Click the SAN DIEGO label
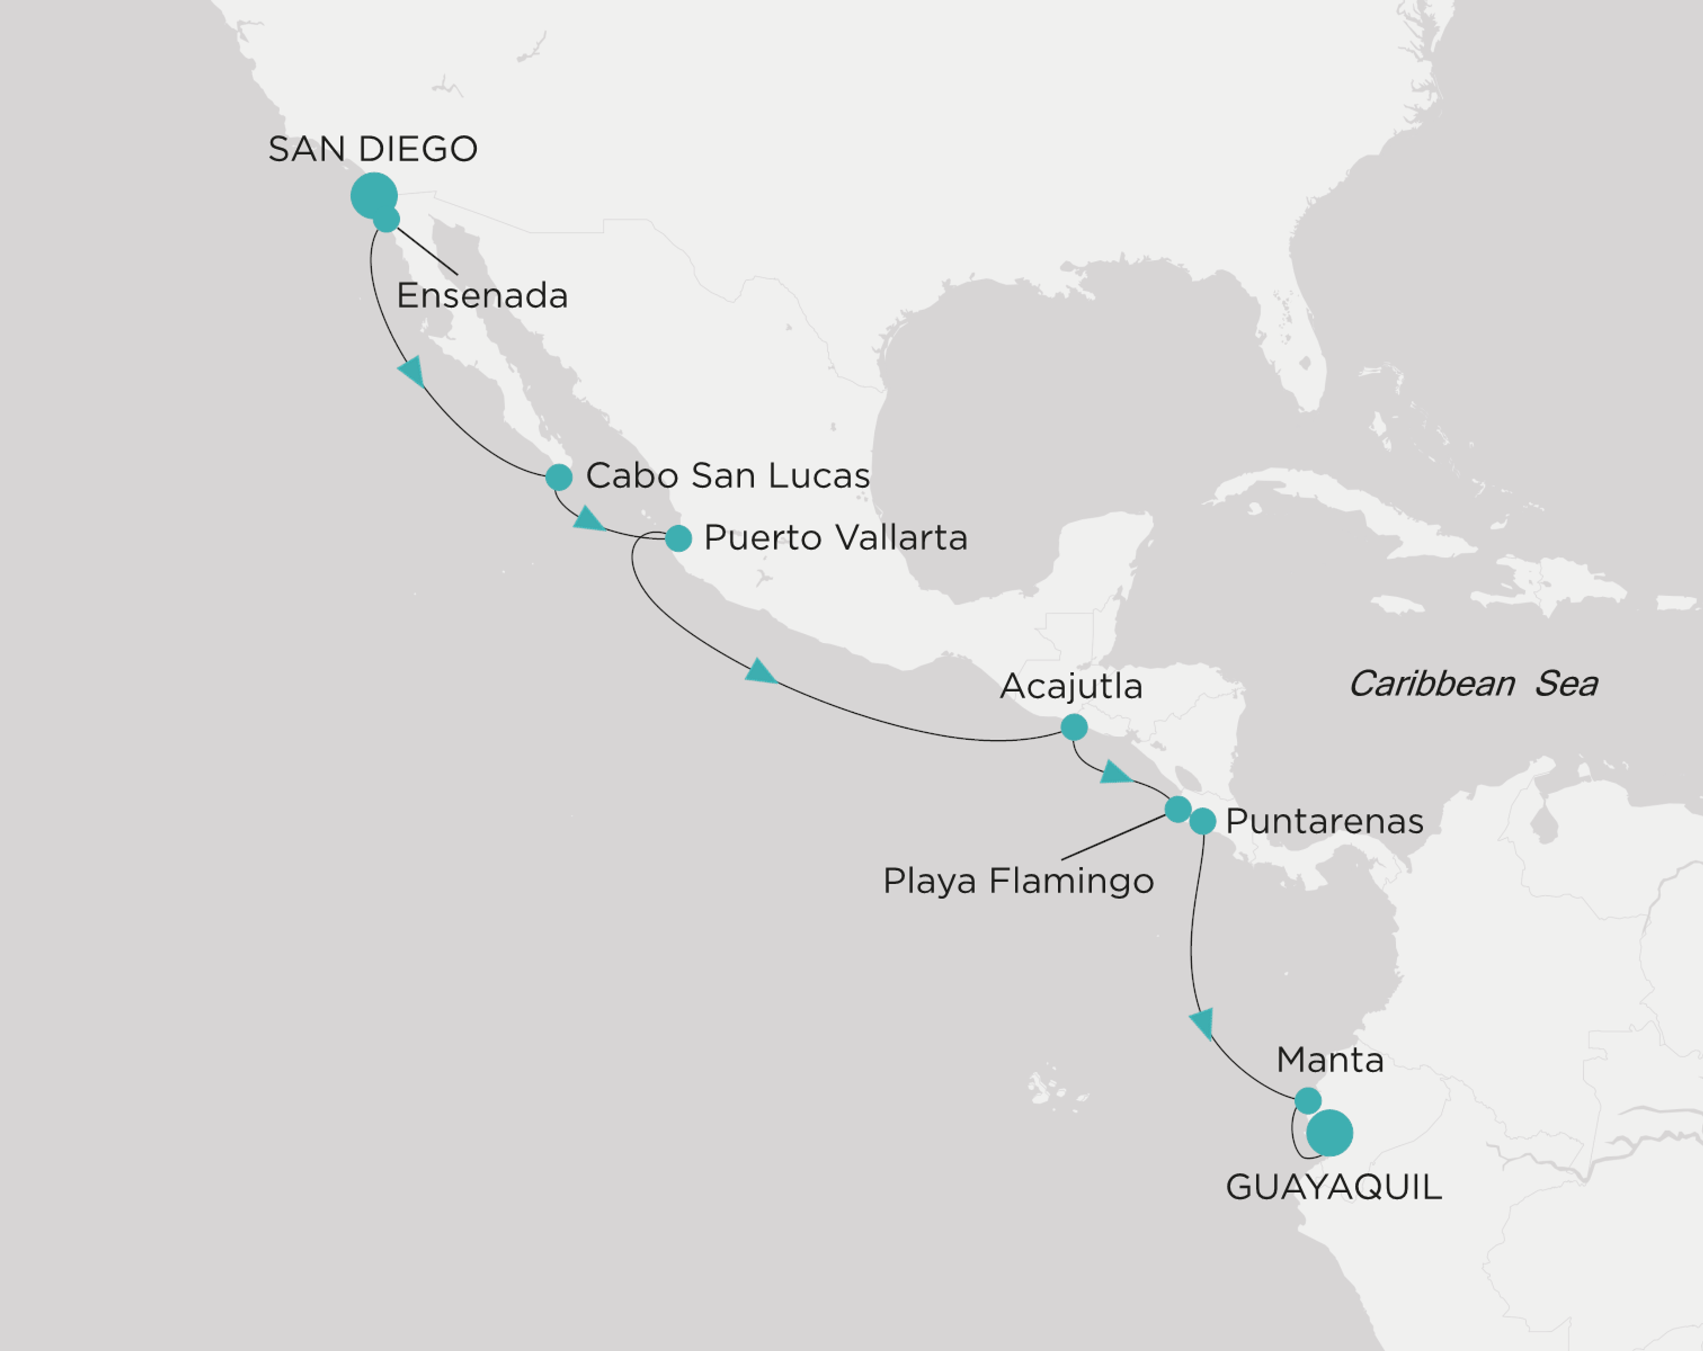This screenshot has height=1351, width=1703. [373, 149]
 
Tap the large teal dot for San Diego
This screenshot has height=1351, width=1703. [373, 195]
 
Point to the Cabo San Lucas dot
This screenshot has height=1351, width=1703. [558, 477]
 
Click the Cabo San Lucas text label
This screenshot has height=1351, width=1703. [727, 475]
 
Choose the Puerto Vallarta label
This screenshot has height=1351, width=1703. [836, 538]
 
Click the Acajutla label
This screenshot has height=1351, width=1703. [1071, 686]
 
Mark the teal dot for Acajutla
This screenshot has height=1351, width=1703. [1073, 727]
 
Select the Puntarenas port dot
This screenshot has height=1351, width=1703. [1202, 821]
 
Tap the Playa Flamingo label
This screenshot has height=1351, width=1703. [1018, 881]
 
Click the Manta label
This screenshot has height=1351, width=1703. [1330, 1060]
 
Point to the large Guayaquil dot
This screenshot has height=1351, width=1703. [1330, 1133]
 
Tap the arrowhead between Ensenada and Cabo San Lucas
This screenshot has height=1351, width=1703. [412, 370]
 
